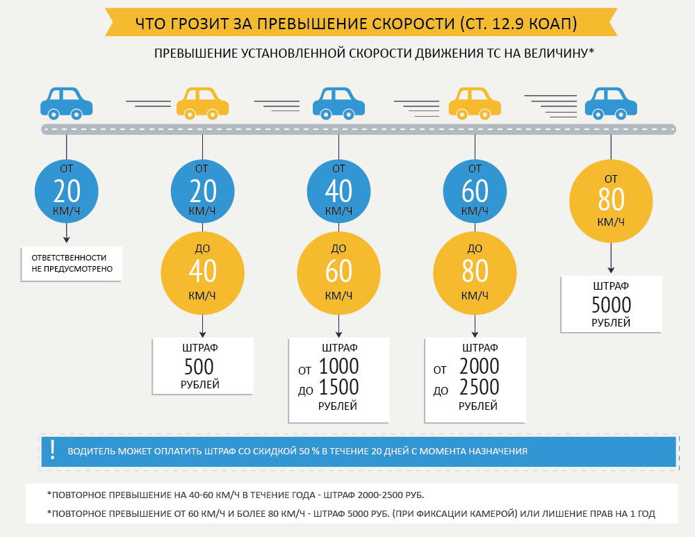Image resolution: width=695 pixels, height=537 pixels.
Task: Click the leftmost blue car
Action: (66, 103)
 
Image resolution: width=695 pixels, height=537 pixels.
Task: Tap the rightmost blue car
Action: (611, 103)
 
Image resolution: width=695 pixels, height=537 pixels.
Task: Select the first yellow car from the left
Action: (202, 103)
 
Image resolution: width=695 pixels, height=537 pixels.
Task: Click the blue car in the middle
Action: (338, 103)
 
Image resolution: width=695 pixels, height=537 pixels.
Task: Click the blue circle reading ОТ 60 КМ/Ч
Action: (475, 190)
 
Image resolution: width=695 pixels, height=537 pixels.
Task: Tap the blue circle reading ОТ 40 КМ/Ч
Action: (338, 190)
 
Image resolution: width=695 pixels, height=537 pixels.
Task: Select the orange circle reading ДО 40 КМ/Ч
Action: (202, 272)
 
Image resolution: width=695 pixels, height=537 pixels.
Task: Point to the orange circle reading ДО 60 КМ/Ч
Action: (338, 272)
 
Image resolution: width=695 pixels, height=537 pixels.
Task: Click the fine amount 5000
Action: (611, 305)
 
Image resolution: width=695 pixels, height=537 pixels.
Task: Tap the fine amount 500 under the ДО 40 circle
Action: (199, 366)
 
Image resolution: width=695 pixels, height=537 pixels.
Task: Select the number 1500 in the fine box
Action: (338, 387)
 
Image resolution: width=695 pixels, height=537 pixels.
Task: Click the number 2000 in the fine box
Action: (479, 366)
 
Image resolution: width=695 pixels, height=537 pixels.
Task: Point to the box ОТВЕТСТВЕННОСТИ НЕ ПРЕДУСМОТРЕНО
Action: (72, 263)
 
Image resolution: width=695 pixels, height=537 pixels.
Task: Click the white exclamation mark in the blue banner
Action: (53, 450)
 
